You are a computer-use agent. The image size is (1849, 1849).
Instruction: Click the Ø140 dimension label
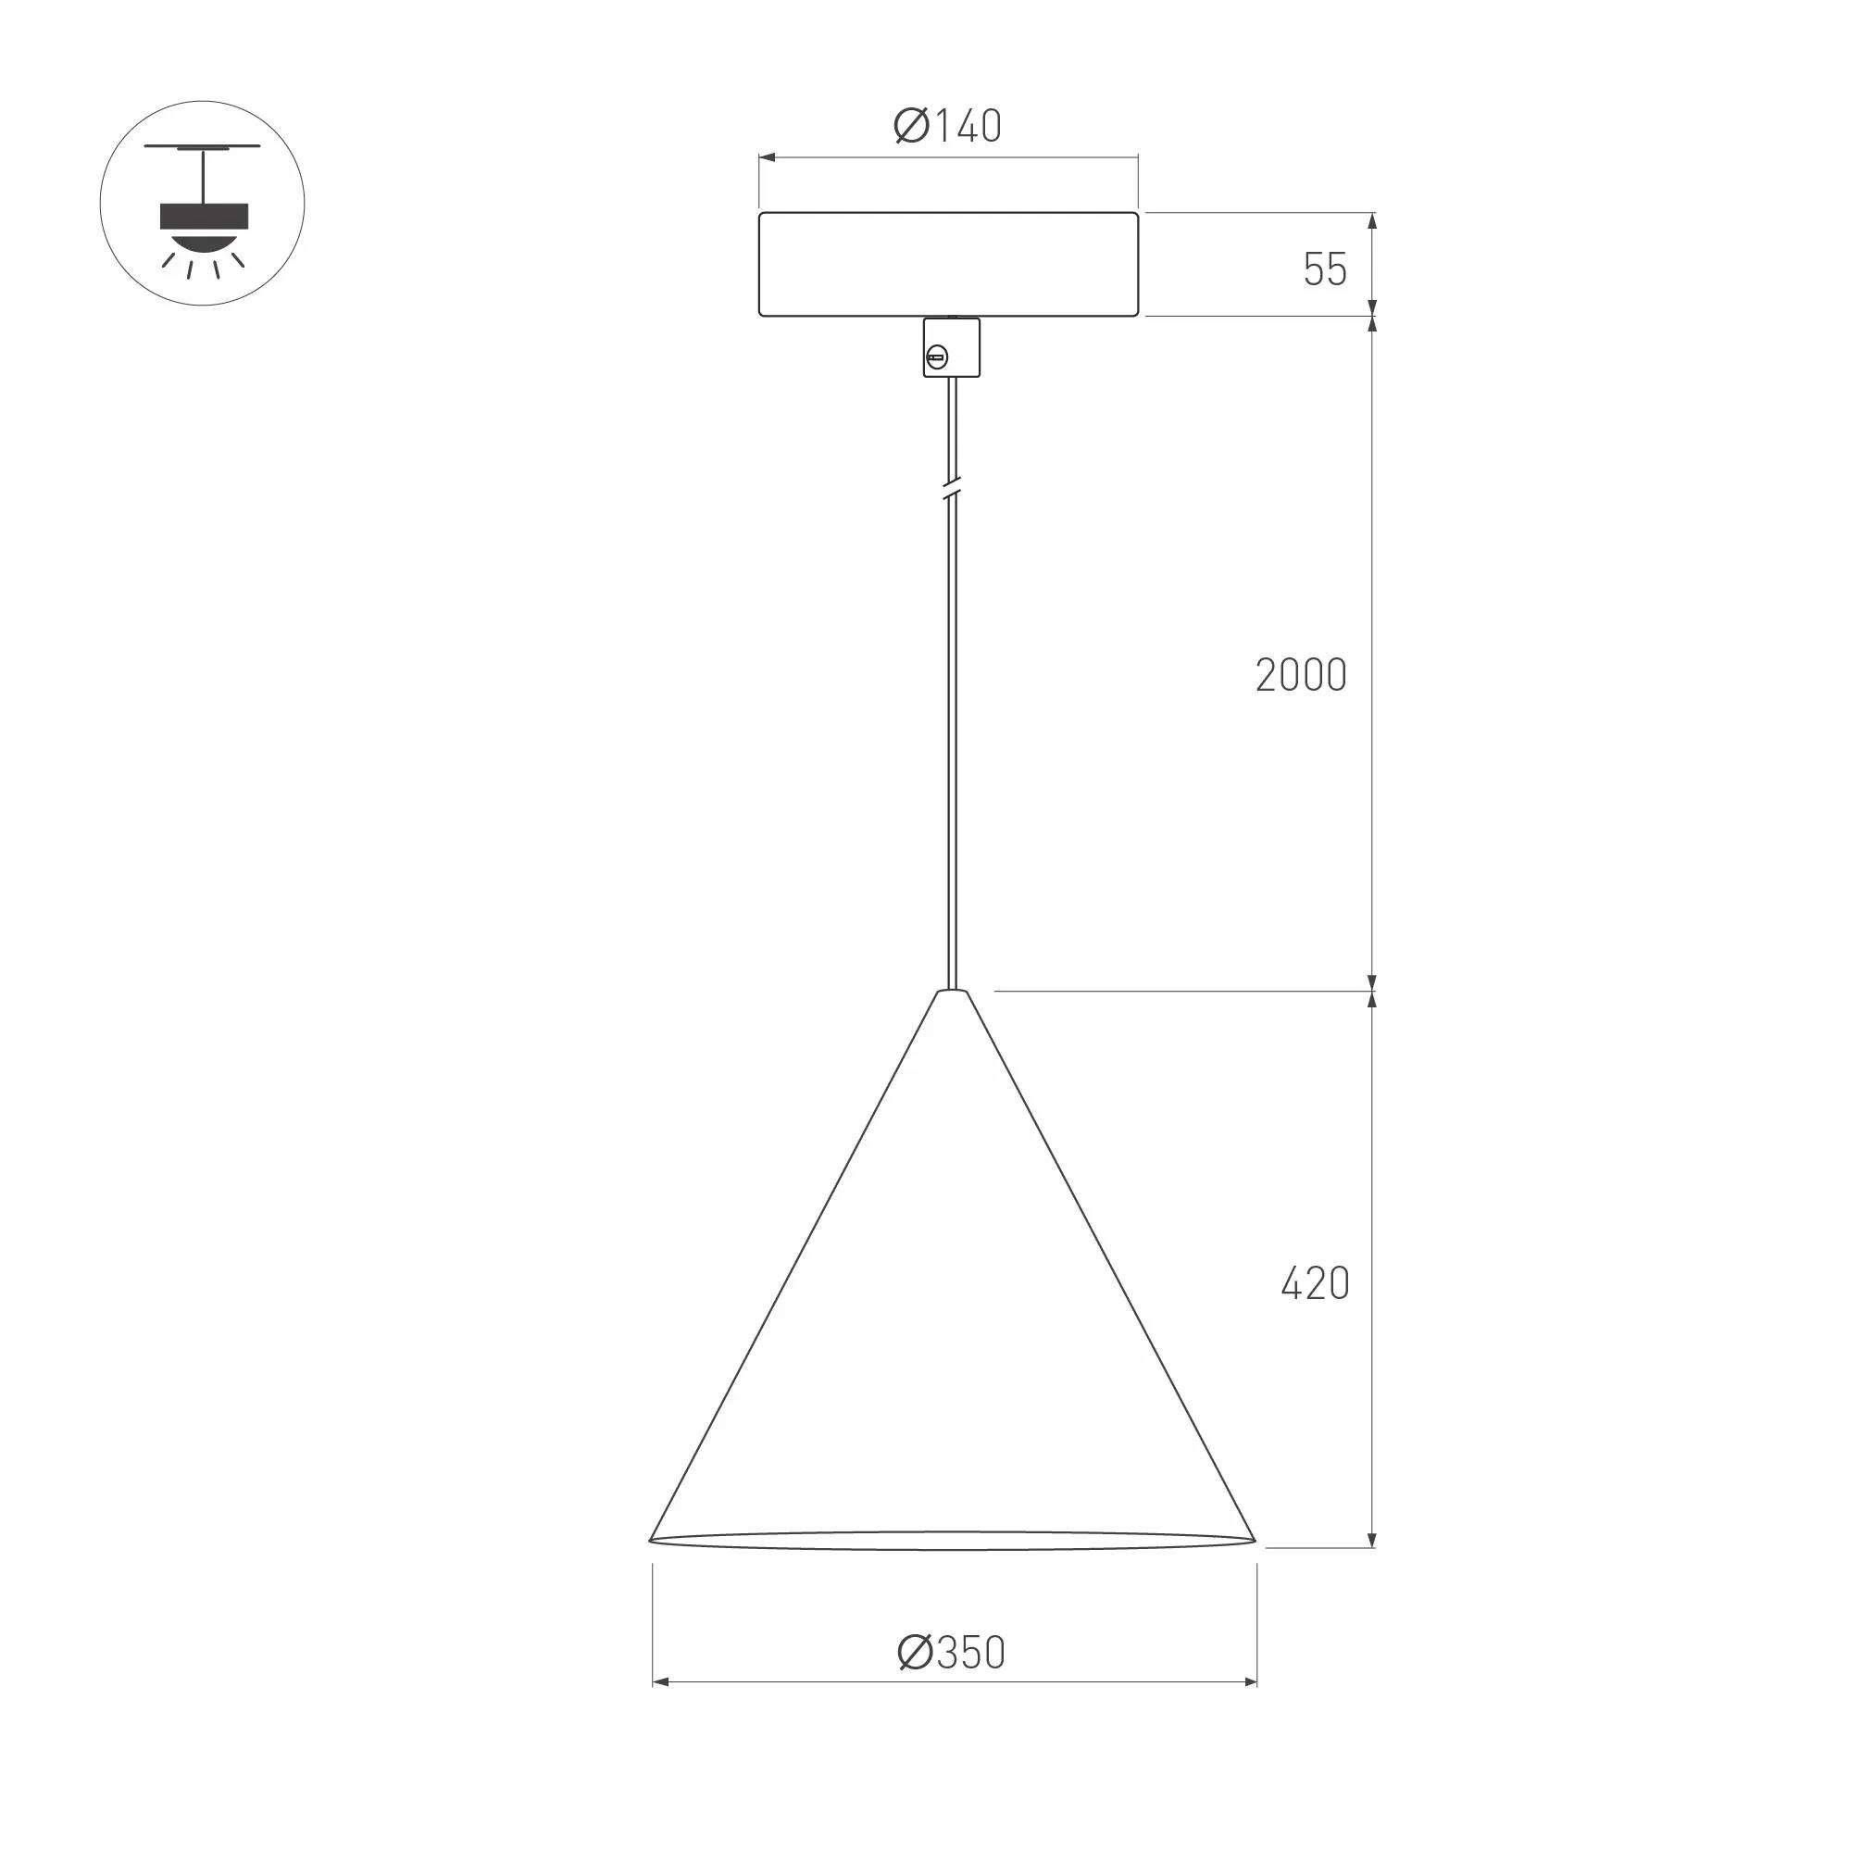tap(947, 125)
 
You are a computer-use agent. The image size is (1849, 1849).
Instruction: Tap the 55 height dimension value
tap(1326, 269)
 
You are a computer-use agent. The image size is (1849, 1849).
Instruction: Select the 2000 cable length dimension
tap(1302, 676)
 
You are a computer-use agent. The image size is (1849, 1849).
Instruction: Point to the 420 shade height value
tap(1315, 1283)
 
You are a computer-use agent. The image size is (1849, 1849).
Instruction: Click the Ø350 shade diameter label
tap(951, 1653)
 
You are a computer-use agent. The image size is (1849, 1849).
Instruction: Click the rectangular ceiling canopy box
tap(948, 264)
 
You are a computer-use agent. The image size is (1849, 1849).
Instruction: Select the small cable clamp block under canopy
tap(951, 347)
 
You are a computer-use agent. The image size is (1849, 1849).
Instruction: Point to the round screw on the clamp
tap(937, 359)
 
